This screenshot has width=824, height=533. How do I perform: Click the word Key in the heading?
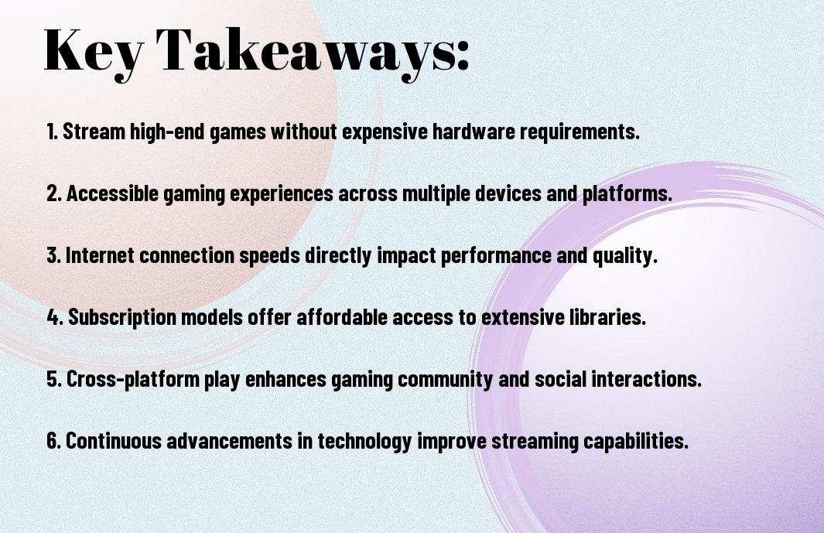click(94, 52)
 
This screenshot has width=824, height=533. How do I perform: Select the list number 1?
click(52, 132)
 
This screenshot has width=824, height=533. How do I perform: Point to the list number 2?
click(54, 193)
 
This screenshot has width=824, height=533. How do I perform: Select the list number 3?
click(54, 255)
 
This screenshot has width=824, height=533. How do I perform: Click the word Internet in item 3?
click(99, 255)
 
